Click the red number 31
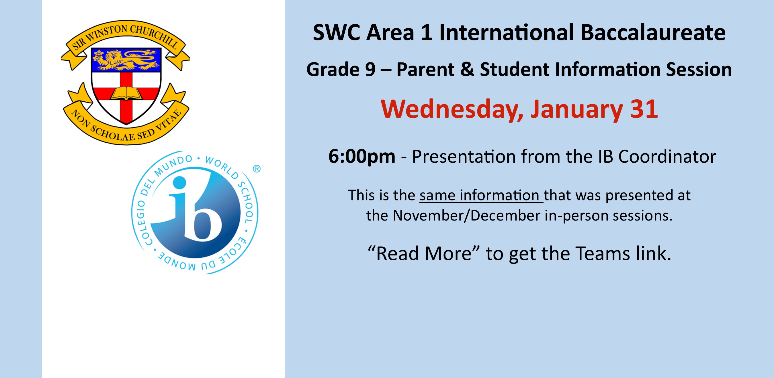click(x=644, y=109)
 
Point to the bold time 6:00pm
click(x=361, y=156)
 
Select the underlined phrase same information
click(x=481, y=196)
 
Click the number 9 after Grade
click(x=370, y=70)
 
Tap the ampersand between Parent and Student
click(x=467, y=70)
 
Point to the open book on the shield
click(x=126, y=93)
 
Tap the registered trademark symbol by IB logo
click(x=256, y=169)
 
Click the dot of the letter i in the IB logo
click(x=179, y=182)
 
